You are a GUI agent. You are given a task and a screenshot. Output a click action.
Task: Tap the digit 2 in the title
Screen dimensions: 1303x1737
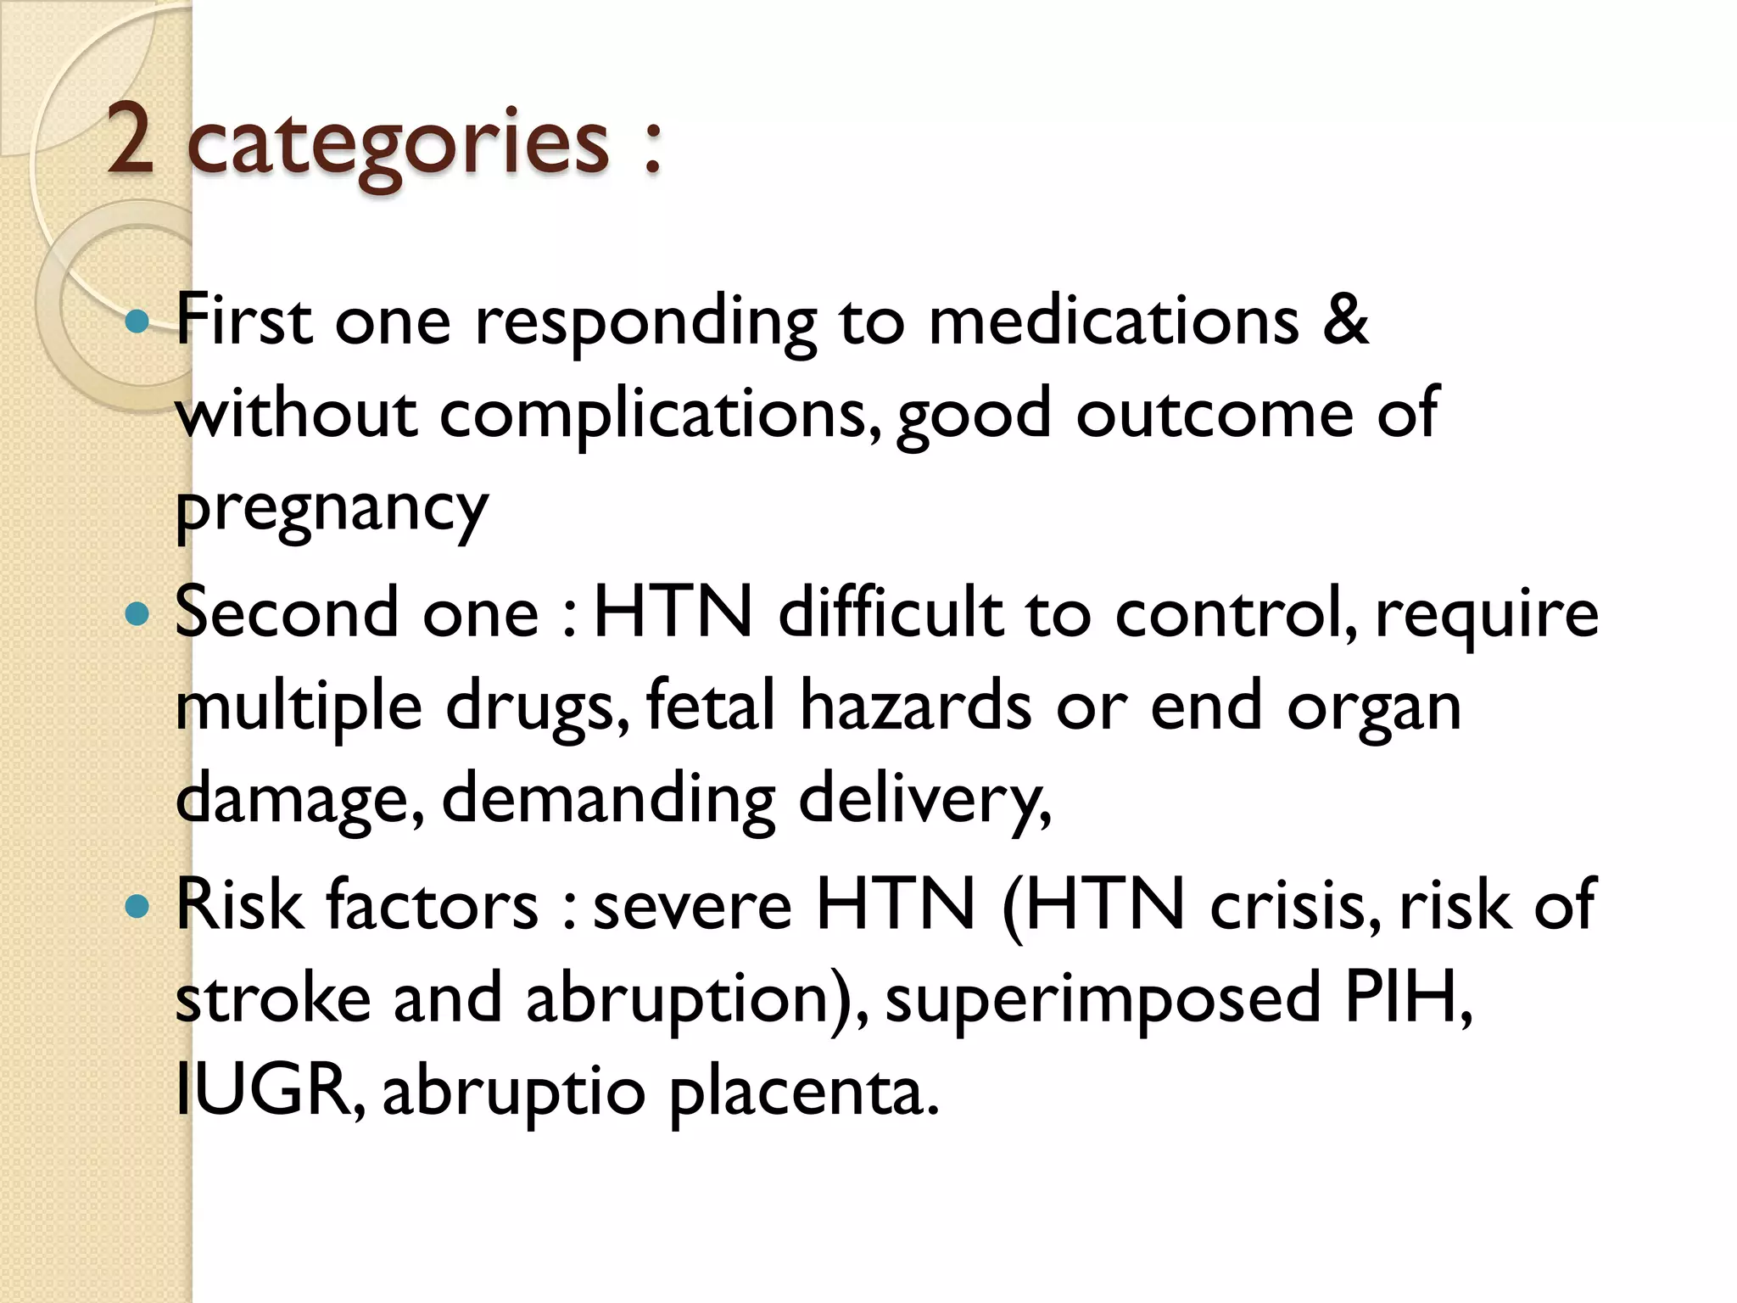pyautogui.click(x=131, y=138)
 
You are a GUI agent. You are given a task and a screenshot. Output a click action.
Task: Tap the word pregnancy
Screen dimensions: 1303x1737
pyautogui.click(x=332, y=509)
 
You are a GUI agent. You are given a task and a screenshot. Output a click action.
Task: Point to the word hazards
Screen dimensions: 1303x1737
pyautogui.click(x=916, y=707)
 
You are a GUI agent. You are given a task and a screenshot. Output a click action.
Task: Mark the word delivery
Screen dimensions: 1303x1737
pyautogui.click(x=924, y=800)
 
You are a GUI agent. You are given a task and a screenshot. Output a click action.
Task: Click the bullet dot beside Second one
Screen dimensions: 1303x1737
pyautogui.click(x=137, y=614)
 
